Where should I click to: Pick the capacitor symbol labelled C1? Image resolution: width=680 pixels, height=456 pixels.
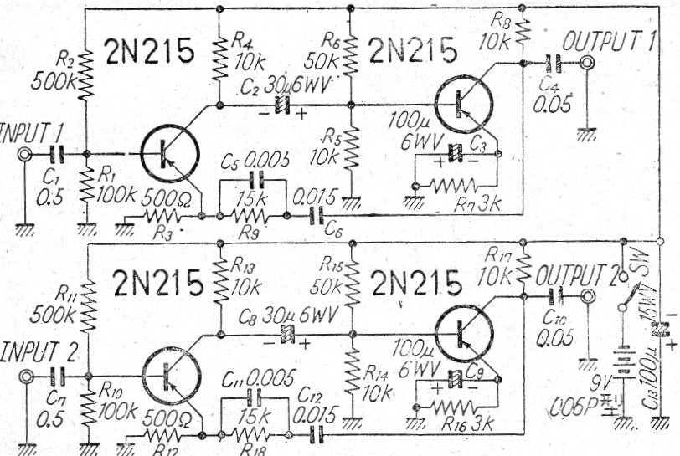pyautogui.click(x=55, y=154)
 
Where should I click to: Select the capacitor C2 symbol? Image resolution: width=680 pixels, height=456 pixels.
pyautogui.click(x=283, y=105)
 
